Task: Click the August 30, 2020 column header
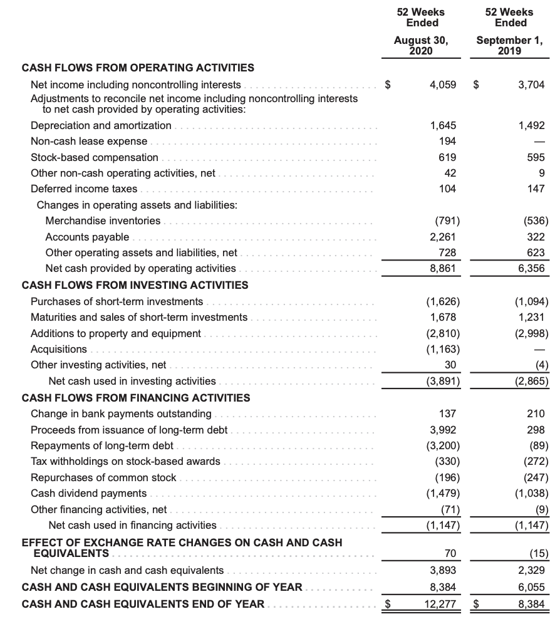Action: tap(420, 45)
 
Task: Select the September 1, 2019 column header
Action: tap(510, 45)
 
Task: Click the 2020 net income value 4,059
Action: tap(443, 85)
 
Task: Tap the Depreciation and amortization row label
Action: tap(101, 125)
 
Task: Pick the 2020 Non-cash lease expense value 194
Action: tap(447, 141)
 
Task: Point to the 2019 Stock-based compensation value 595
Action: tap(537, 157)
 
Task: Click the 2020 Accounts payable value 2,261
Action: tap(443, 237)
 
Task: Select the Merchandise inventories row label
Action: tap(103, 221)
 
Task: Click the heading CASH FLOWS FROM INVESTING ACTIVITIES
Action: tap(135, 285)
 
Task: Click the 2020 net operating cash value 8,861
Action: tap(443, 268)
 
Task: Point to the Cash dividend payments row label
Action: tap(88, 493)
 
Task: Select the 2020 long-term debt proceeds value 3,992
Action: tap(443, 430)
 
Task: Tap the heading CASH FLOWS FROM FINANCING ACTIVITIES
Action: tap(136, 398)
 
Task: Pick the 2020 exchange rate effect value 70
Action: tap(450, 553)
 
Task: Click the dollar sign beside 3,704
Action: tap(476, 85)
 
